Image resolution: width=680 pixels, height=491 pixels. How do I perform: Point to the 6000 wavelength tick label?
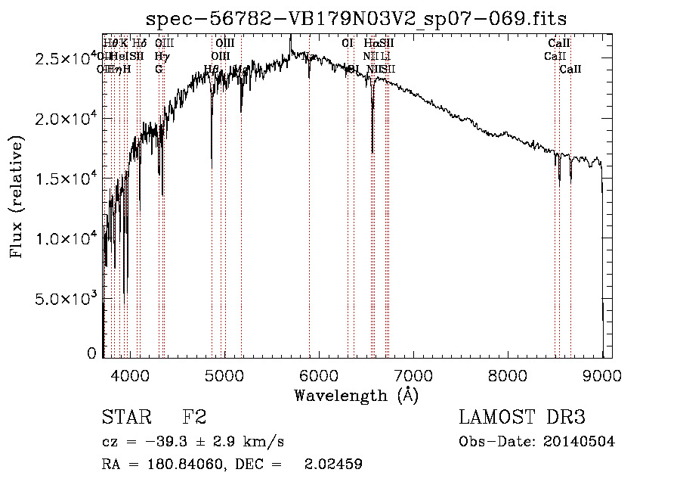(319, 374)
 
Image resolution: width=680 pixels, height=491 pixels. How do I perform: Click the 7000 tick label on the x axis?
(413, 374)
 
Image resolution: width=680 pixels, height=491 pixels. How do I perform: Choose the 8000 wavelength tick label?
(508, 374)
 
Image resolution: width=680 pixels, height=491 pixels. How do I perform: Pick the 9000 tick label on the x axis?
(602, 374)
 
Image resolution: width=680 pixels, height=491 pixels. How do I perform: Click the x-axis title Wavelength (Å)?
(356, 395)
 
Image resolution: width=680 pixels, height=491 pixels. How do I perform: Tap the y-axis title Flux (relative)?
(17, 197)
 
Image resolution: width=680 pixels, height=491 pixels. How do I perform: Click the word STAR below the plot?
(126, 418)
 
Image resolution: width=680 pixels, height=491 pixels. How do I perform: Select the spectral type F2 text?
(194, 418)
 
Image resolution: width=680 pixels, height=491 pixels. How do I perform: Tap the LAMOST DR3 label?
(522, 418)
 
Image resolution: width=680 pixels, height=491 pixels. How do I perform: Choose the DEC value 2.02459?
(333, 465)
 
